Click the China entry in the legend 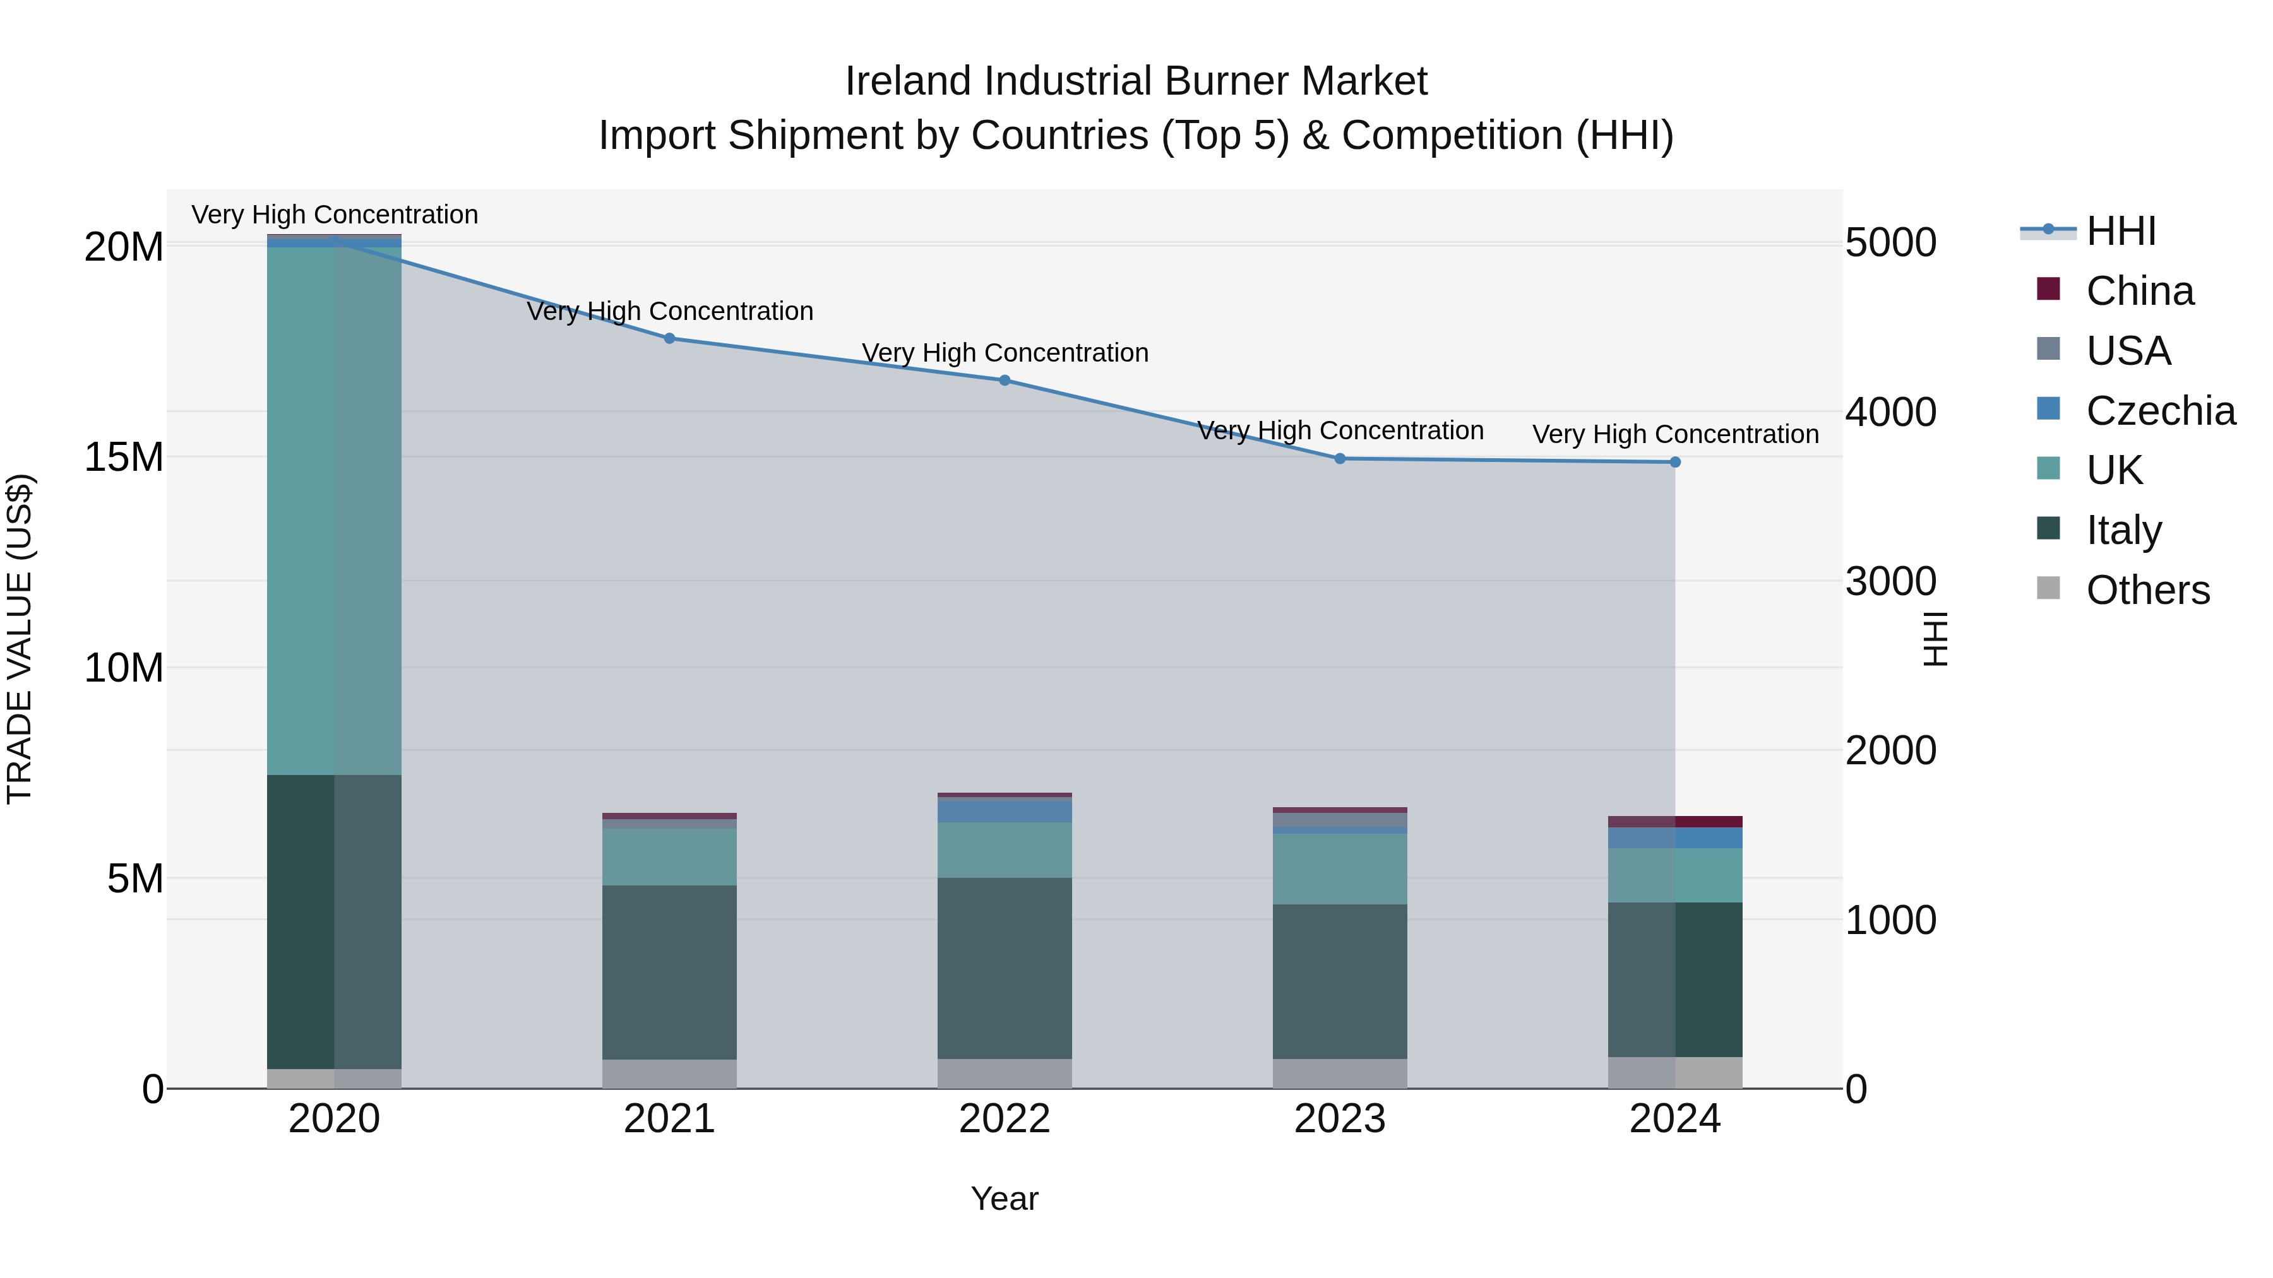[x=2139, y=291]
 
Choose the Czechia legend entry [x=2160, y=411]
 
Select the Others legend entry [x=2147, y=590]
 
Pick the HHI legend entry [x=2120, y=231]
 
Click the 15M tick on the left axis [x=124, y=457]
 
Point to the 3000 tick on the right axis [x=1890, y=581]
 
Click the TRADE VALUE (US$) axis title [x=20, y=639]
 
